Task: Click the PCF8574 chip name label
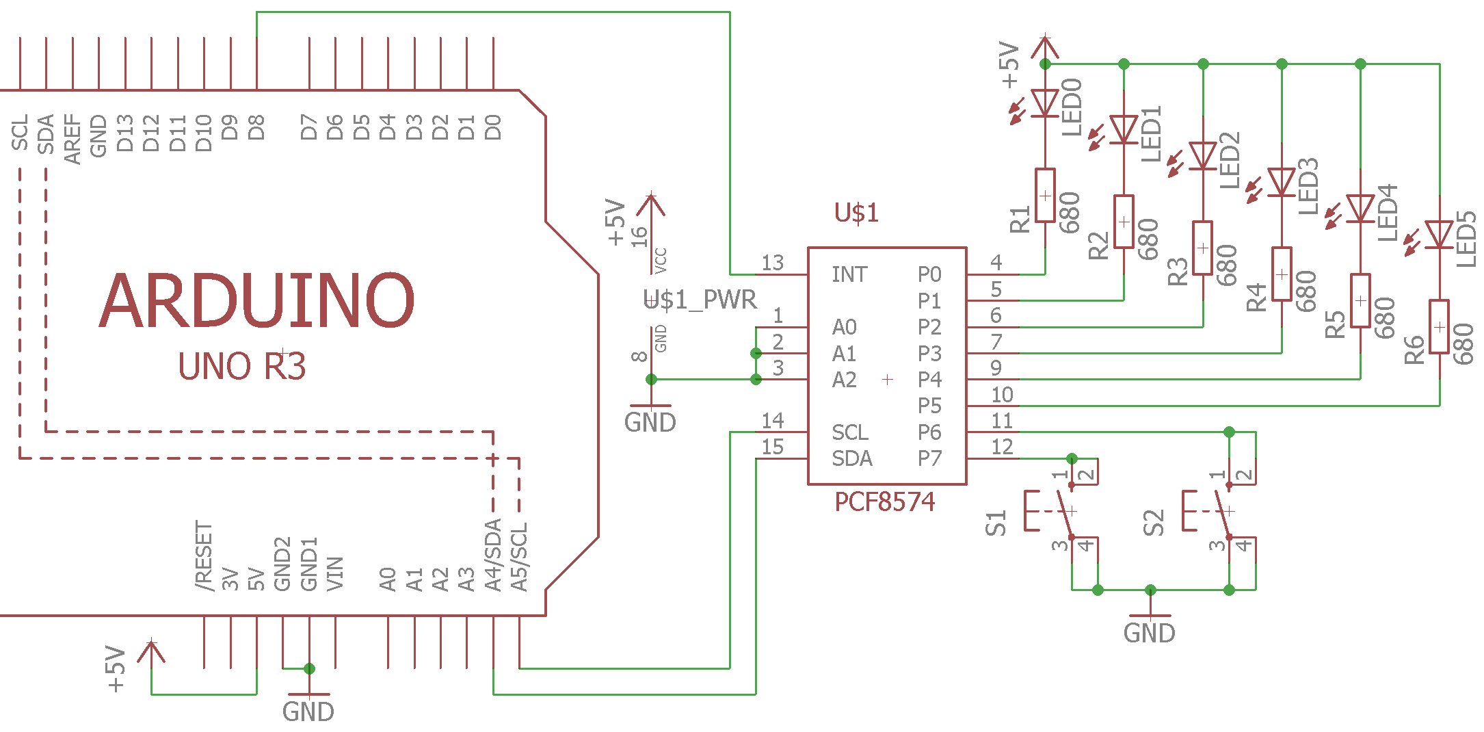coord(884,502)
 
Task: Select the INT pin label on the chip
coord(849,274)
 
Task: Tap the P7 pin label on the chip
coord(929,458)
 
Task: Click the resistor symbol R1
coord(1045,195)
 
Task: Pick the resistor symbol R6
coord(1440,326)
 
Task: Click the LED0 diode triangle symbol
coord(1045,103)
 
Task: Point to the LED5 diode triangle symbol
coord(1440,235)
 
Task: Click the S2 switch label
coord(1154,523)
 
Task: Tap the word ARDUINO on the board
coord(257,300)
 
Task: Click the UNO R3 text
coord(241,366)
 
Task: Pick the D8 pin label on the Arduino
coord(256,127)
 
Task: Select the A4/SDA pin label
coord(493,555)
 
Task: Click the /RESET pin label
coord(204,556)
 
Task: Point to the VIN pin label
coord(334,573)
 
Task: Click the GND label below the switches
coord(1150,633)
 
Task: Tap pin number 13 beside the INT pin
coord(773,263)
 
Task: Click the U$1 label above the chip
coord(856,213)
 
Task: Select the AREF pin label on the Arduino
coord(72,140)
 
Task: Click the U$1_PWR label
coord(700,300)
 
